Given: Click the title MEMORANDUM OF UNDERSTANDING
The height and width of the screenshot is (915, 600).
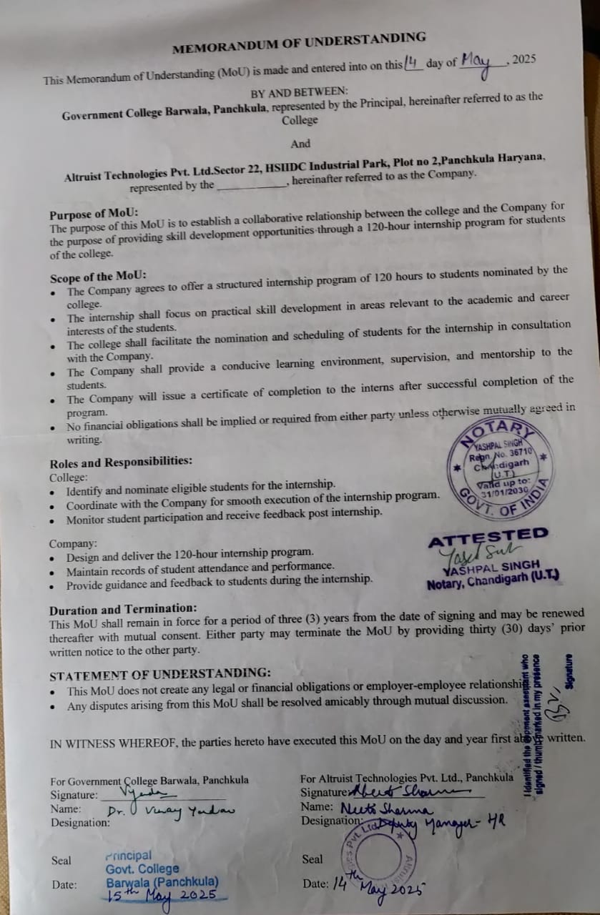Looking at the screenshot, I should click(299, 43).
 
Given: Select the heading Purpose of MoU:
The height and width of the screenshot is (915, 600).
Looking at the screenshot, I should click(94, 214).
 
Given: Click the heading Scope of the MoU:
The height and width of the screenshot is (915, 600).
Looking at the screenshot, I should click(98, 277).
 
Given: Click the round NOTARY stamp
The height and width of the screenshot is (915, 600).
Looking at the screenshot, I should click(501, 465).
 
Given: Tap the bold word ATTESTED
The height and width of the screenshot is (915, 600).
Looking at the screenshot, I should click(488, 538).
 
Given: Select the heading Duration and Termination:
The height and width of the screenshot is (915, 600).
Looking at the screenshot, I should click(122, 610).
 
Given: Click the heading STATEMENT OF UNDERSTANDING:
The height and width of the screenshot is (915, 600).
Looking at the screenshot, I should click(160, 674).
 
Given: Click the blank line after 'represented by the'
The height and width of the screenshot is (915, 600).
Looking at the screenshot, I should click(251, 185).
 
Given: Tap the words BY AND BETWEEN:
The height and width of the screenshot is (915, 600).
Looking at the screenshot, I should click(299, 92).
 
